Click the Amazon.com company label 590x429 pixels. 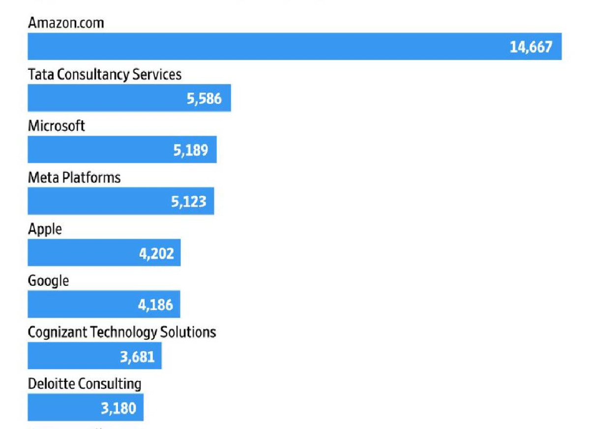pos(66,23)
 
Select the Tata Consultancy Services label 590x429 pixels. pos(105,74)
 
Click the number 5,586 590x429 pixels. pos(204,99)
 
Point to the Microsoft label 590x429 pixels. pos(56,125)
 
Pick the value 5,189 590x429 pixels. pos(190,151)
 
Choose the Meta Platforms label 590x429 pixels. pos(74,177)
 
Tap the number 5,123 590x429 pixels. pos(188,202)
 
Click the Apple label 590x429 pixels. pos(45,230)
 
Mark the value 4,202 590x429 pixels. pos(156,254)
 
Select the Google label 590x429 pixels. pos(48,281)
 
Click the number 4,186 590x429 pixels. pos(155,305)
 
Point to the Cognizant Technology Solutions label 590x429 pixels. pos(122,332)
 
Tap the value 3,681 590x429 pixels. pos(137,357)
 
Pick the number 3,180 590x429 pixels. pos(118,408)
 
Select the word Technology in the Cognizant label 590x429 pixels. pos(124,332)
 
